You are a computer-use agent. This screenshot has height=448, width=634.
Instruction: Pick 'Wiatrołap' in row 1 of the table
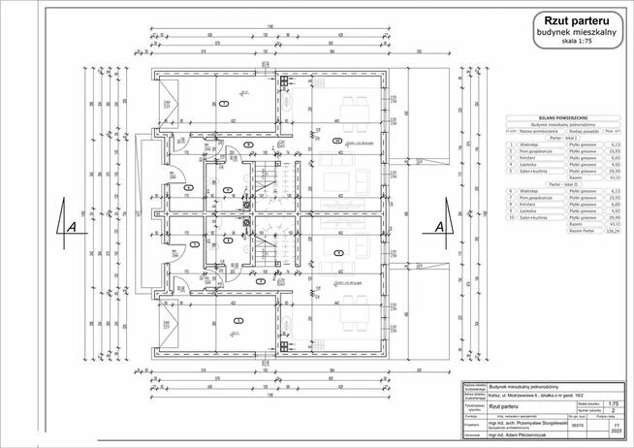pyautogui.click(x=529, y=144)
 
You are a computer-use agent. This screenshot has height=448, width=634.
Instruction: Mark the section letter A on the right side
pyautogui.click(x=439, y=225)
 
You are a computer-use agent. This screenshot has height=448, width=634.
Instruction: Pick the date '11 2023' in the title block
pyautogui.click(x=612, y=427)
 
